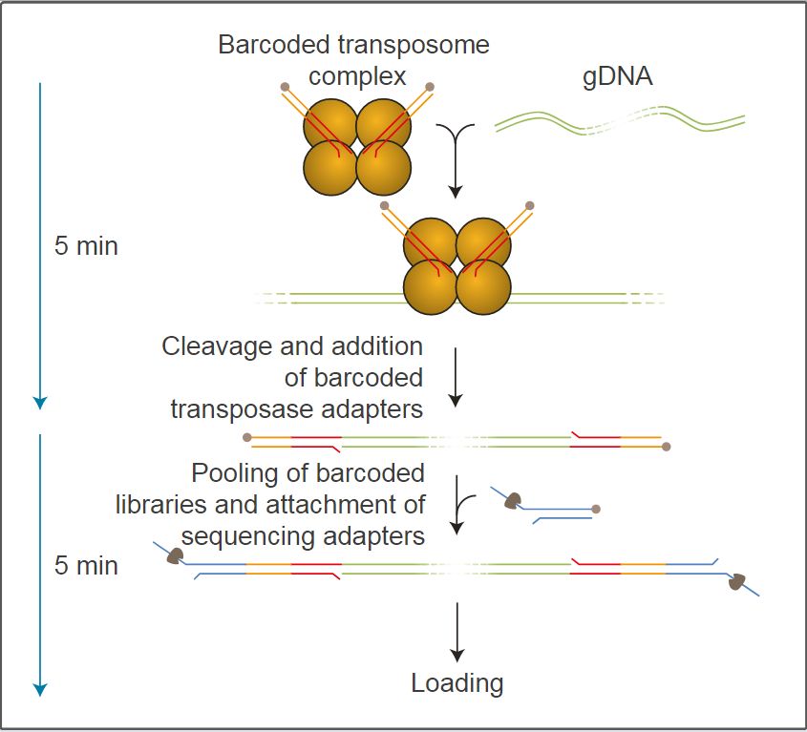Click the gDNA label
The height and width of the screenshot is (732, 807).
pyautogui.click(x=618, y=77)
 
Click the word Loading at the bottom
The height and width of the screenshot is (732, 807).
pyautogui.click(x=457, y=683)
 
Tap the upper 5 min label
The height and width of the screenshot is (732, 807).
pyautogui.click(x=86, y=245)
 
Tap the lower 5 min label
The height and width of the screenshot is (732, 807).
pyautogui.click(x=86, y=565)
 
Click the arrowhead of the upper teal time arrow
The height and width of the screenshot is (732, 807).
pyautogui.click(x=39, y=402)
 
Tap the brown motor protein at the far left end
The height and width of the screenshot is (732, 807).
pyautogui.click(x=174, y=556)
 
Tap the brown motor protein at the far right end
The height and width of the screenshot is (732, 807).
pyautogui.click(x=737, y=581)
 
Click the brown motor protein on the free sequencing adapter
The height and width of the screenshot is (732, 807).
pyautogui.click(x=513, y=500)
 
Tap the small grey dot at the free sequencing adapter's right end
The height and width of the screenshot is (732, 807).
pyautogui.click(x=596, y=509)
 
